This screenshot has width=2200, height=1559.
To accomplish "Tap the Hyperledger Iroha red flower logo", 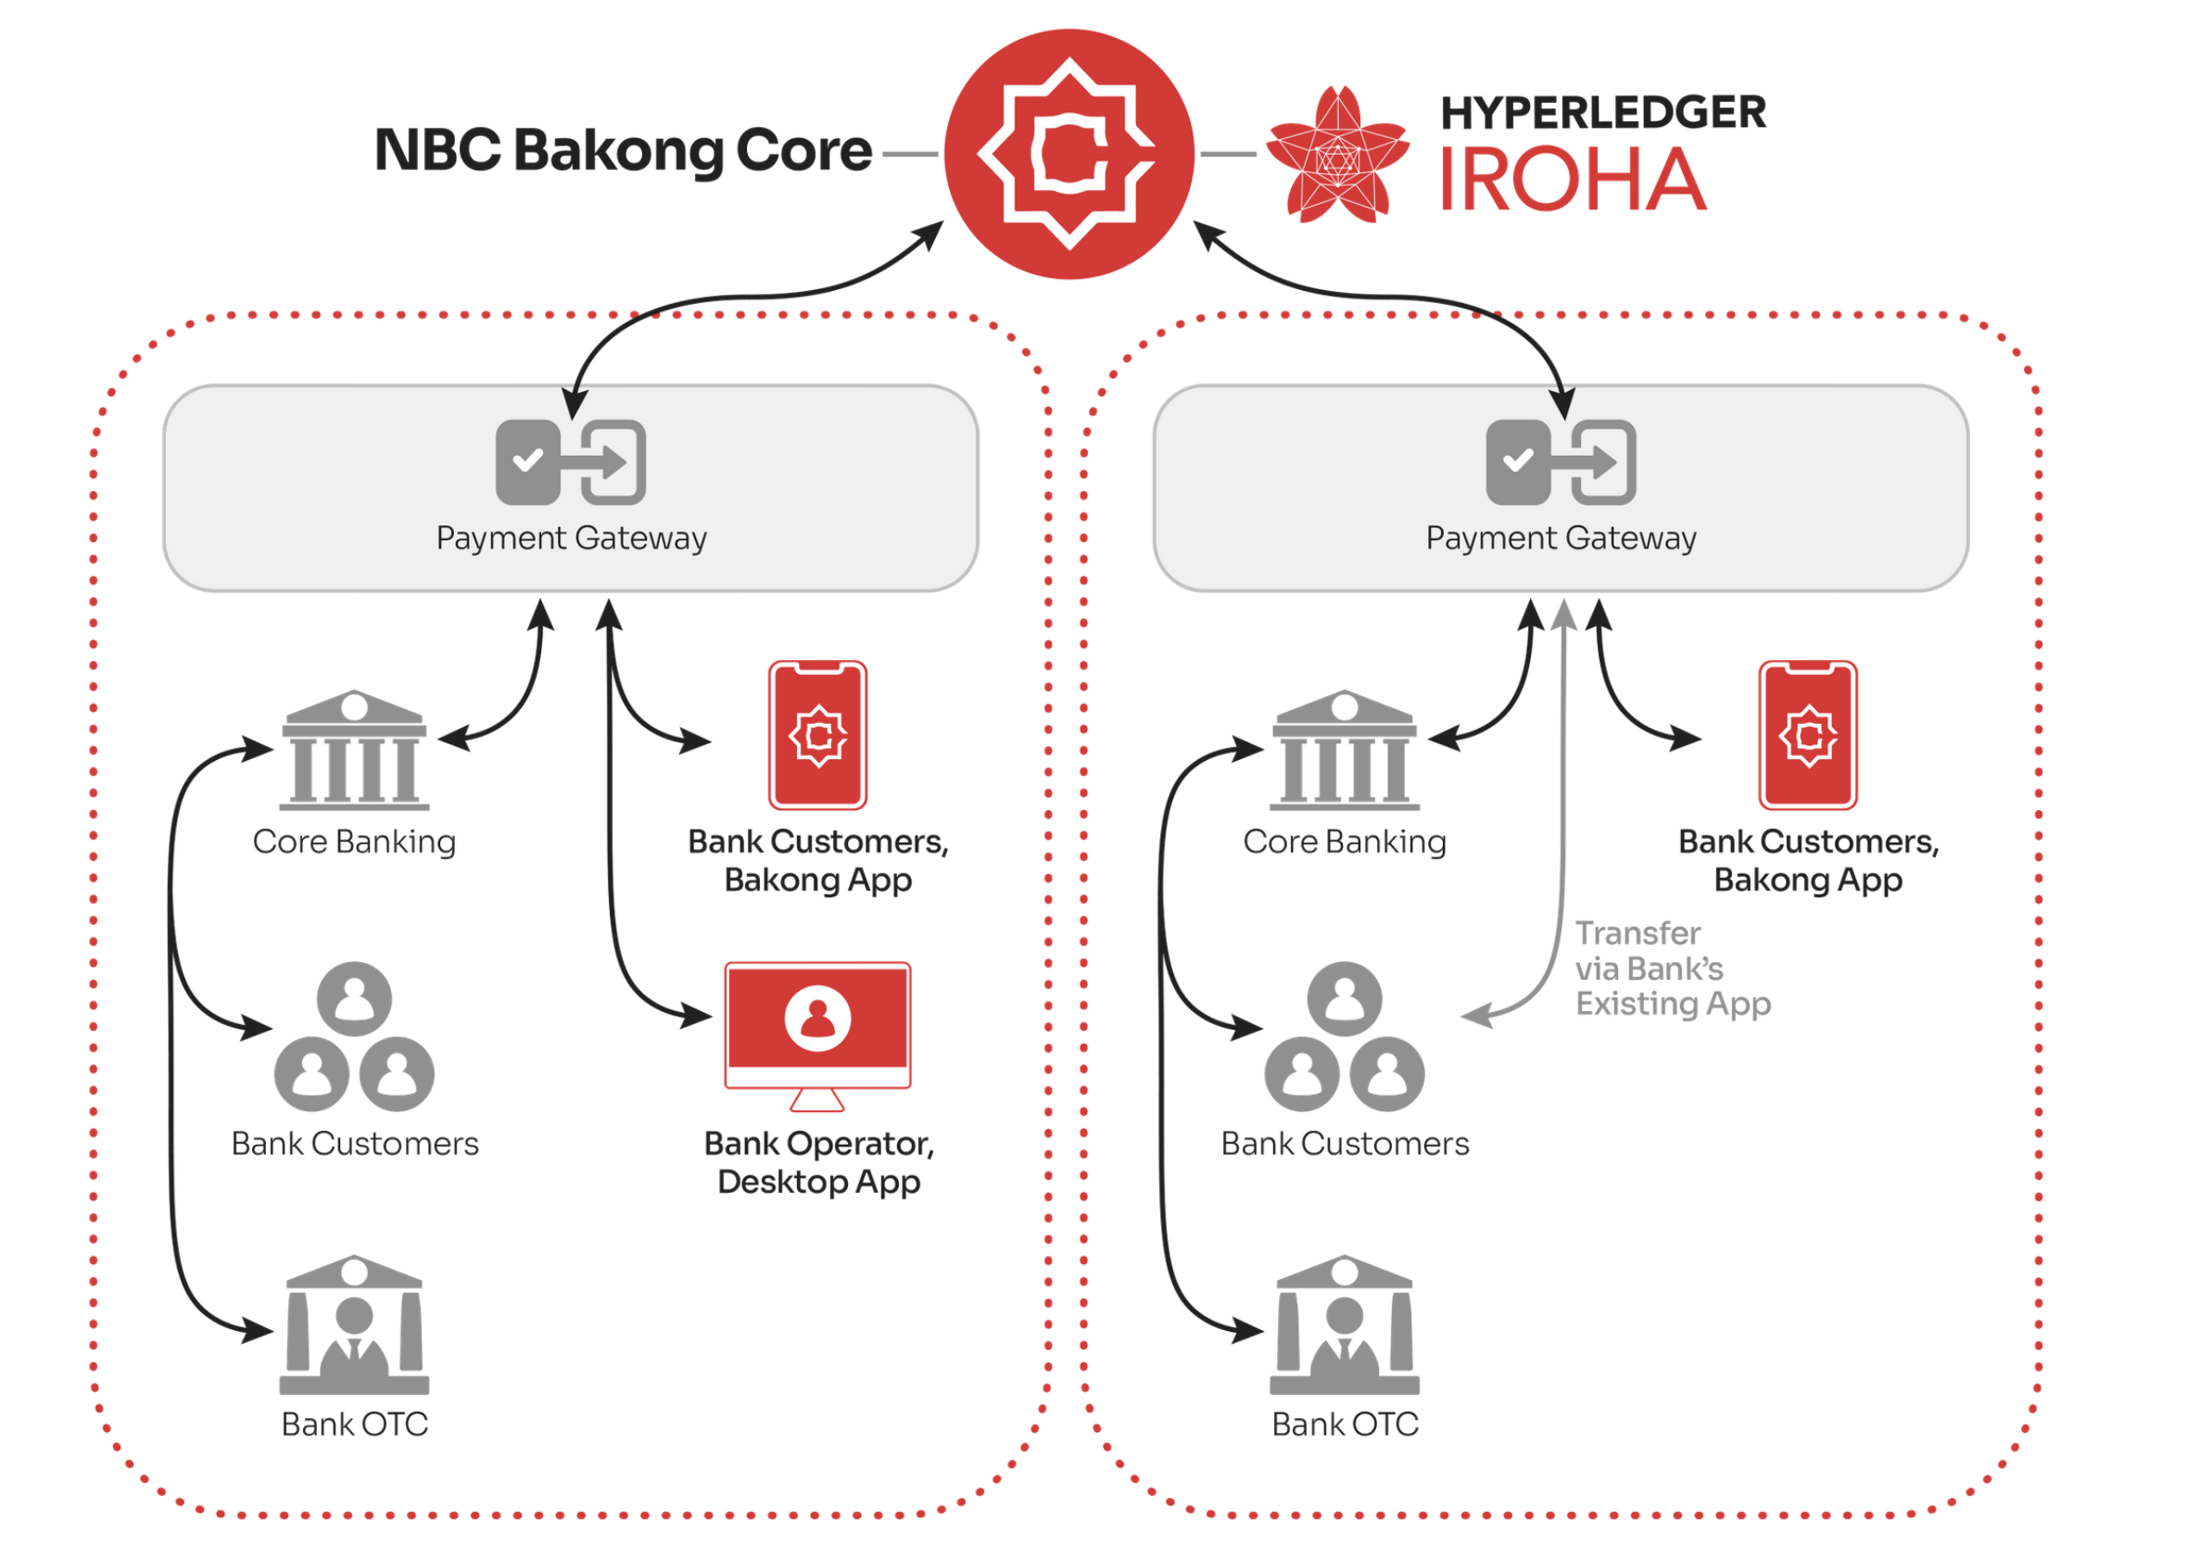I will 1336,156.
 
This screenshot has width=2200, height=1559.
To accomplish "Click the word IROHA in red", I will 1573,180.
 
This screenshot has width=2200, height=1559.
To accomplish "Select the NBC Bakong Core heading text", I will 622,151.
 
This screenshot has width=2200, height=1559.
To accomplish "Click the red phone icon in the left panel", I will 816,734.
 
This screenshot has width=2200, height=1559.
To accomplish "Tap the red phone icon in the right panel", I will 1807,734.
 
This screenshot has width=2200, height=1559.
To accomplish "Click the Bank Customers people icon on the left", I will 354,1037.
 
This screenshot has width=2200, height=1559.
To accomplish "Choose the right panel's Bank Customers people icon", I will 1344,1037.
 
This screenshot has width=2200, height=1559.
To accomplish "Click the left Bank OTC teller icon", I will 354,1324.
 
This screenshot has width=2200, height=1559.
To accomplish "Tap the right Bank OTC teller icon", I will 1344,1324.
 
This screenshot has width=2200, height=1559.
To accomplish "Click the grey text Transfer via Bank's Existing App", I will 1671,968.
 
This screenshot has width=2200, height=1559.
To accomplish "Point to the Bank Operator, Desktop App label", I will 819,1161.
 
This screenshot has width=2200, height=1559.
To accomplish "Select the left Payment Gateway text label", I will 571,538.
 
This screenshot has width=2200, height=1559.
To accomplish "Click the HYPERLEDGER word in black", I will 1602,112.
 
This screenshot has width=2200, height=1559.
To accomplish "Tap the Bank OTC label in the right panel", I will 1345,1424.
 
